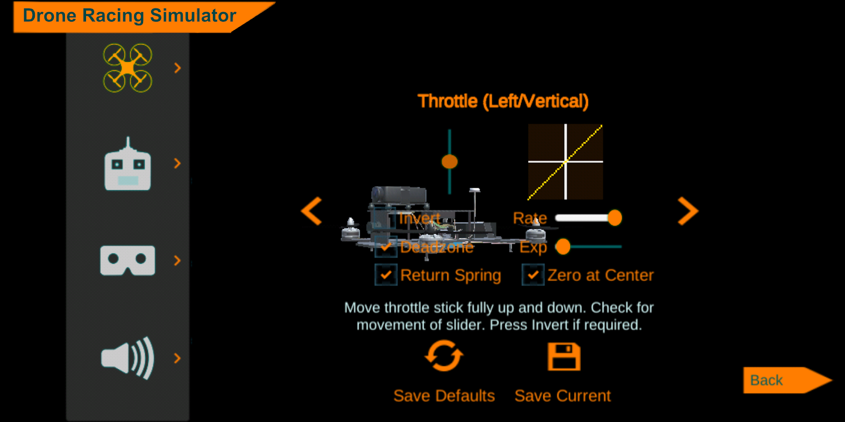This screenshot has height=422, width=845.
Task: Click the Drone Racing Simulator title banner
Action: coord(129,16)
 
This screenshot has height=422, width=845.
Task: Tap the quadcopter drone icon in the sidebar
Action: coord(128,68)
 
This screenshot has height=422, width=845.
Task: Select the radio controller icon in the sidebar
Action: coord(128,165)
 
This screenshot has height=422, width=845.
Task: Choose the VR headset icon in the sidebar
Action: coord(128,260)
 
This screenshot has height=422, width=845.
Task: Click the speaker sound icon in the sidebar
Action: coord(128,358)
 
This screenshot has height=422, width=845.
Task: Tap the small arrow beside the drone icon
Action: coord(177,68)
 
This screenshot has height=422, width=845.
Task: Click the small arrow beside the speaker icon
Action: coord(177,358)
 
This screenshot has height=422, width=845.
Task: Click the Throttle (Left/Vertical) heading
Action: coord(503,101)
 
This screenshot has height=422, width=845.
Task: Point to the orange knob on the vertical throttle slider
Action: coord(449,161)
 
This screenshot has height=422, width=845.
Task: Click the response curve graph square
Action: coord(565,162)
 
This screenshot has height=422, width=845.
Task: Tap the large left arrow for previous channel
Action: coord(312,211)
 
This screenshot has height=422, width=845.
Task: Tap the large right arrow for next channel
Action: coord(688,211)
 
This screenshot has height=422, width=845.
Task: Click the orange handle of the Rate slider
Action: coord(615,218)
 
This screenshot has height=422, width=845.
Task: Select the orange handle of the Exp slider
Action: coord(563,246)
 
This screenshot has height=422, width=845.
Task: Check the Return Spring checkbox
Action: coord(386,275)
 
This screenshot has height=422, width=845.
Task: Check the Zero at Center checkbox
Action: coord(533,275)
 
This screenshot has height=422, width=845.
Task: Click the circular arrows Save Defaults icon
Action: coord(444,356)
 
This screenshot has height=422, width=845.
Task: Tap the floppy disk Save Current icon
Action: coord(564,357)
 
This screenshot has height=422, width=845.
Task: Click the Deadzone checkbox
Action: coord(386,247)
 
